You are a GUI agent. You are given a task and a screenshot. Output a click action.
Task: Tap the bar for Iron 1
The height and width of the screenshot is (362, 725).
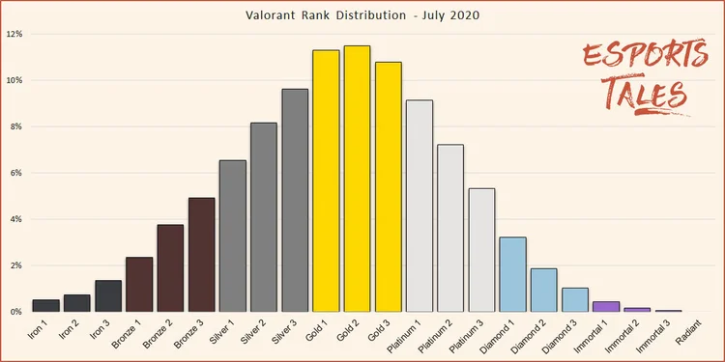click(46, 305)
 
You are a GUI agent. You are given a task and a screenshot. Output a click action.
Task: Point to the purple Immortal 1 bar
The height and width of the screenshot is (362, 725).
click(606, 306)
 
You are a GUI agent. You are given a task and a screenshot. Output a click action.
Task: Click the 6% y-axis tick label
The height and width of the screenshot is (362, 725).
click(16, 173)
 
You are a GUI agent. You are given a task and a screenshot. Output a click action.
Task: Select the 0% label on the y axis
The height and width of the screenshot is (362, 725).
click(16, 312)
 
